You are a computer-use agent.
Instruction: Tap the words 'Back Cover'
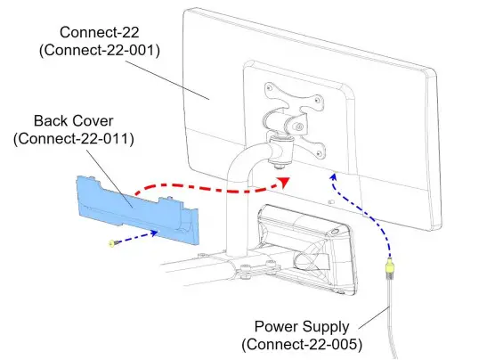[x=73, y=120]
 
